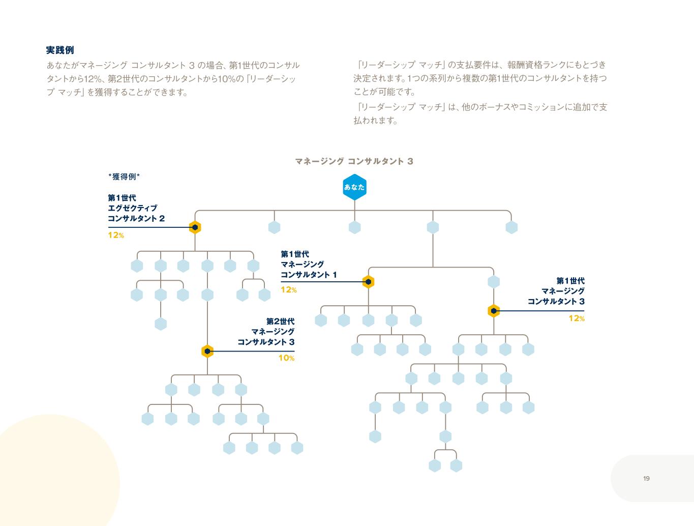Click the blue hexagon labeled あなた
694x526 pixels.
tap(354, 187)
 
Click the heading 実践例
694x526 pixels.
tap(60, 50)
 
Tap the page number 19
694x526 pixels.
tap(646, 479)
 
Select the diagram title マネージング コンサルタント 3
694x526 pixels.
tap(354, 161)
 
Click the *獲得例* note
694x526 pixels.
tap(124, 177)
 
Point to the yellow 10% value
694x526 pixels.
tap(286, 358)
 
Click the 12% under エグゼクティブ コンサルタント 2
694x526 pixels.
tap(115, 236)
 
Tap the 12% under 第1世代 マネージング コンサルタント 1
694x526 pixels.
tap(288, 290)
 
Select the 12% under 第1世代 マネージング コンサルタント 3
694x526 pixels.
tap(577, 319)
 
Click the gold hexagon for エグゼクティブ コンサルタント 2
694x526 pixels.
tap(195, 227)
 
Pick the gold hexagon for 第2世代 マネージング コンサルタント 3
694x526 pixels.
tap(207, 351)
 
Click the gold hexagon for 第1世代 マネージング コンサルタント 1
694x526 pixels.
tap(369, 282)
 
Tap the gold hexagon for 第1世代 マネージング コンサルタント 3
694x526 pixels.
tap(494, 311)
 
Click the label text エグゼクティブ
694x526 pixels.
tap(132, 208)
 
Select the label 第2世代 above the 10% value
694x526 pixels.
tap(280, 322)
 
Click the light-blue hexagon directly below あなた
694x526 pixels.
tap(354, 227)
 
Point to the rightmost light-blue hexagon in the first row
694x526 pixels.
tap(511, 227)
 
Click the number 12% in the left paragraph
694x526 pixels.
tap(94, 79)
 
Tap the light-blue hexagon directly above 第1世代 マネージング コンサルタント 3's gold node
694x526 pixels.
tap(494, 282)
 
